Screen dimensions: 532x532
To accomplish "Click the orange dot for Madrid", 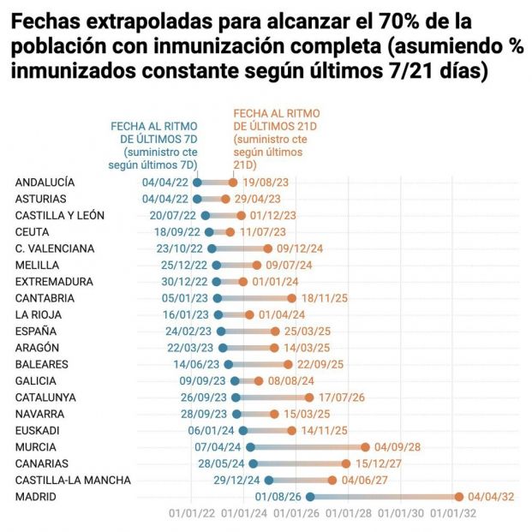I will pos(459,496).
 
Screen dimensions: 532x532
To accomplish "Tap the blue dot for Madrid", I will pos(310,496).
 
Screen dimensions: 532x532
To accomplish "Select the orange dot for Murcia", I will pos(366,446).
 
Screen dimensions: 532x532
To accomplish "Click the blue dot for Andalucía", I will pos(198,182).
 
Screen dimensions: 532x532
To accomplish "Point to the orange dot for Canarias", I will pos(346,463).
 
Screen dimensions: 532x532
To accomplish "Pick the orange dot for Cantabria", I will pos(292,298).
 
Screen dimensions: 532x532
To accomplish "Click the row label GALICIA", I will pos(36,380).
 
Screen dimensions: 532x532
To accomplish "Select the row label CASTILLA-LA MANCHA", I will pos(73,480).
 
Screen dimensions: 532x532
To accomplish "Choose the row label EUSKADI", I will pos(38,430).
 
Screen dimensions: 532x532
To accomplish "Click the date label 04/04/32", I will pos(491,496).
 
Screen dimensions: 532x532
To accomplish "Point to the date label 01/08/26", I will pos(278,496).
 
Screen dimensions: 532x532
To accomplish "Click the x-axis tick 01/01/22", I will pos(193,514).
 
